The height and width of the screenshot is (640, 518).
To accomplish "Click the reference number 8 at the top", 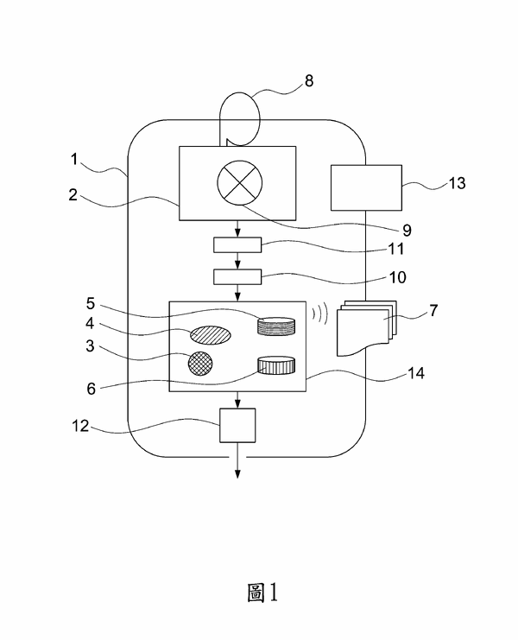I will tap(309, 81).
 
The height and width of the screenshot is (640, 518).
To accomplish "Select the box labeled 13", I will tap(367, 187).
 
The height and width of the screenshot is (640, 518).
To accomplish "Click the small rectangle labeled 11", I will tap(237, 246).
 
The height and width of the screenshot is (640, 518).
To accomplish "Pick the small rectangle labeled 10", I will tap(237, 276).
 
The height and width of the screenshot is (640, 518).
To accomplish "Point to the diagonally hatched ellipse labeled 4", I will tap(211, 335).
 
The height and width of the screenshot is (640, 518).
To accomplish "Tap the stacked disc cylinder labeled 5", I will tap(275, 326).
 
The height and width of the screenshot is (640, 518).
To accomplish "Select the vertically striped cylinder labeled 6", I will tap(276, 365).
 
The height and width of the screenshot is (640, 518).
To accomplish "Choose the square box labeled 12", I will tap(237, 425).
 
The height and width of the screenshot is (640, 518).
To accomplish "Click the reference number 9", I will tap(406, 231).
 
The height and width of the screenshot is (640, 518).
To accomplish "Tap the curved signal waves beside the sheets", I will tap(320, 313).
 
